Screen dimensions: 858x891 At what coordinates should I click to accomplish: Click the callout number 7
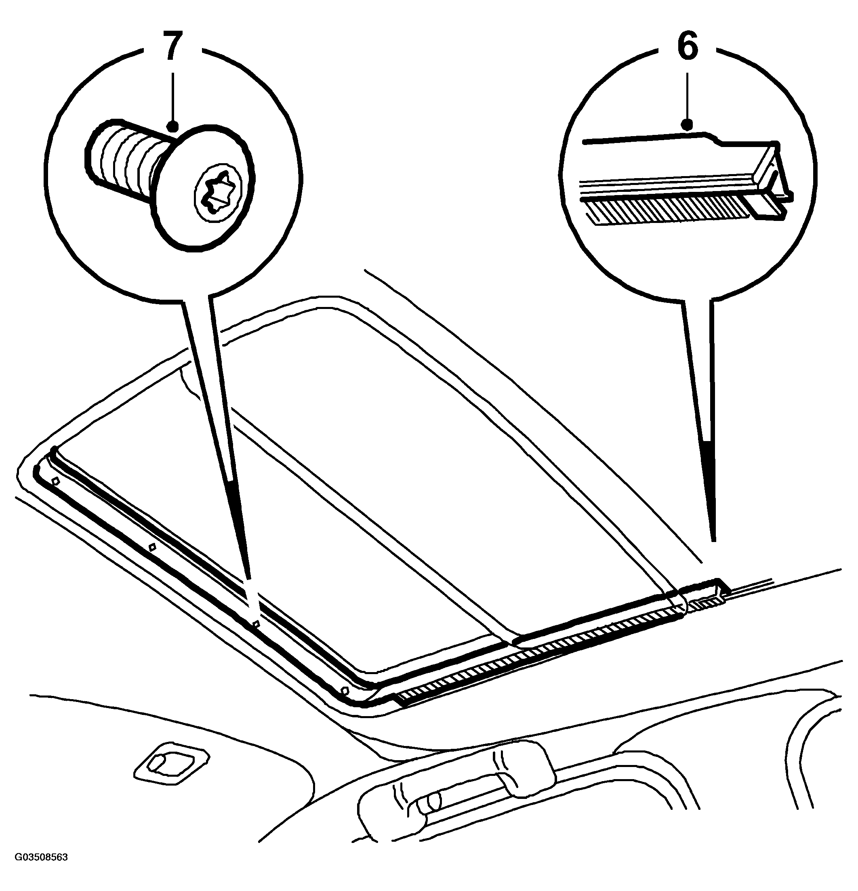(x=172, y=46)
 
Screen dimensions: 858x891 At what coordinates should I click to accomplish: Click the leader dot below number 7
(x=172, y=126)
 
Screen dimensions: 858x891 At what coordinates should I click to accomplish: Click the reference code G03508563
(x=41, y=870)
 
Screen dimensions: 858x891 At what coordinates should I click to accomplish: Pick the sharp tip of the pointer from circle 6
(x=713, y=540)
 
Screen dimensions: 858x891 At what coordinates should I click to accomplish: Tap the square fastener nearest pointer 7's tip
(x=256, y=624)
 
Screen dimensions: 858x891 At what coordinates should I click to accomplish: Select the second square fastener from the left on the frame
(x=153, y=547)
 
